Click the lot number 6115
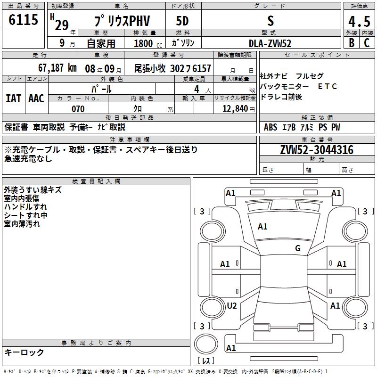24,20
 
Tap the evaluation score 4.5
359,22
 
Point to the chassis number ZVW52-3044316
316,150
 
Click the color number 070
78,109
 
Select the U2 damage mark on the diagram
231,306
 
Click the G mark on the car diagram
297,248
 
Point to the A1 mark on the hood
262,227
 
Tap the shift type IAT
13,98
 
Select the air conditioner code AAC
36,98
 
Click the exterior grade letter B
351,43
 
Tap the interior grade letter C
367,43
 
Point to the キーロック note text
24,352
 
